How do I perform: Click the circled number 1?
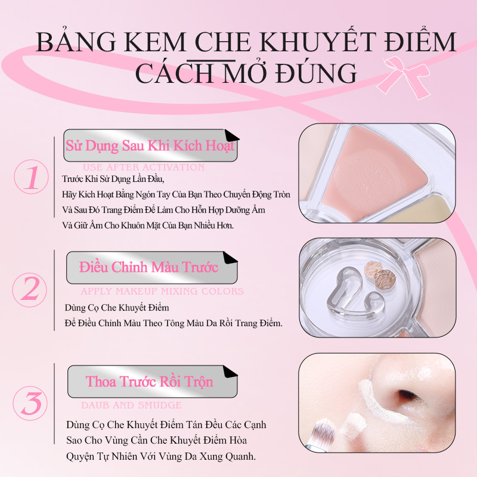(x=32, y=176)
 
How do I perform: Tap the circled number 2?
(x=30, y=290)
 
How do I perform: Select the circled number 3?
(x=30, y=403)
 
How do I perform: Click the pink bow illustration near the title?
(x=404, y=78)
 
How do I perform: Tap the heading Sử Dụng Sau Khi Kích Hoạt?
(x=150, y=145)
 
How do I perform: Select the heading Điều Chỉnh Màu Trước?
(x=148, y=267)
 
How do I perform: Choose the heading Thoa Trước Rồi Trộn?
(x=150, y=382)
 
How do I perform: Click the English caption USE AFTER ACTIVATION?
(x=144, y=167)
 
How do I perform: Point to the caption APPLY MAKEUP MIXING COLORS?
(x=162, y=291)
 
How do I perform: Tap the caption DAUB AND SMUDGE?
(x=131, y=405)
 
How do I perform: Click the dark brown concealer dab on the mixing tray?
(x=385, y=279)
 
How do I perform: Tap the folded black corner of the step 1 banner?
(x=231, y=136)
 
